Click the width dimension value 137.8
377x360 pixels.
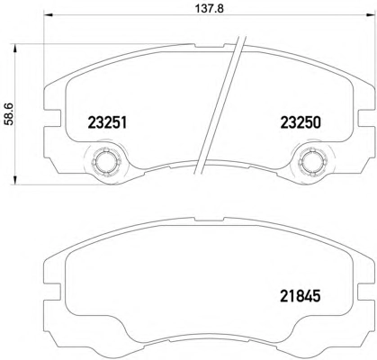[210, 8]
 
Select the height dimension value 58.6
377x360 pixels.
[9, 114]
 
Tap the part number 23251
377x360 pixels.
[107, 122]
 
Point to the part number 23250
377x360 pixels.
[301, 122]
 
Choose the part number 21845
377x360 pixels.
[301, 296]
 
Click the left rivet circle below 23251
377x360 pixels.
[106, 162]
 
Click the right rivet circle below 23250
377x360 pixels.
[312, 162]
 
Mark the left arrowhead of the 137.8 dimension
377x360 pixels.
[49, 14]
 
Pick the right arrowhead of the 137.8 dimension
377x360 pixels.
[371, 14]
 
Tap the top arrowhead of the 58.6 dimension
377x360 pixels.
[14, 49]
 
